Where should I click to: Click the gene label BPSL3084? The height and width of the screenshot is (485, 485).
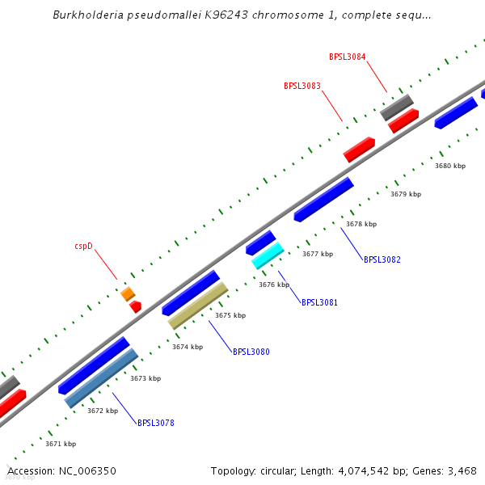[x=347, y=57]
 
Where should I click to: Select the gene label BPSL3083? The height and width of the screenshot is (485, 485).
[x=302, y=86]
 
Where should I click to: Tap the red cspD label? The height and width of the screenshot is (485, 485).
[x=84, y=246]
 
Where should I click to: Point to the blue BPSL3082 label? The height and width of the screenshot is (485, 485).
[x=382, y=259]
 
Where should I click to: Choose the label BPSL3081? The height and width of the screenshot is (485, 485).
[x=319, y=302]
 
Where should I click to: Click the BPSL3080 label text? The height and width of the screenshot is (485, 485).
[x=251, y=352]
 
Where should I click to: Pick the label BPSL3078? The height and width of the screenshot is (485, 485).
[x=156, y=423]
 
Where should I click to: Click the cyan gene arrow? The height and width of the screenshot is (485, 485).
[x=268, y=255]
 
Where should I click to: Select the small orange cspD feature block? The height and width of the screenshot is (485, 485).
[x=128, y=294]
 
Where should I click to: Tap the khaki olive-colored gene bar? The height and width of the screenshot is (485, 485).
[x=198, y=306]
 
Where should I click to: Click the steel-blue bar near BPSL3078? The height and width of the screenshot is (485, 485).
[x=101, y=377]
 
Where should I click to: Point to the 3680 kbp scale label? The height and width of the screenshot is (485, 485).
[x=450, y=166]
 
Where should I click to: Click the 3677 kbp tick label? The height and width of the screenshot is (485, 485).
[x=318, y=254]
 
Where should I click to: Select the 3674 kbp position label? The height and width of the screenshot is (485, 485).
[x=188, y=347]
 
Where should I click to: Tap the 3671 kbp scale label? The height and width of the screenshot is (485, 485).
[x=61, y=444]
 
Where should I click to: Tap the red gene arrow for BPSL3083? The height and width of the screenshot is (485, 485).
[x=359, y=150]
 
